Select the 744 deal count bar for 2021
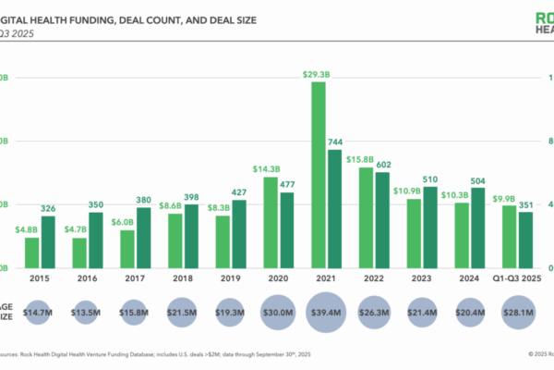tap(334, 208)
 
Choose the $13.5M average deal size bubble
tap(88, 314)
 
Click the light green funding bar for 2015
tap(31, 252)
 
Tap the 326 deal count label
tap(48, 208)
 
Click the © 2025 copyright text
tap(533, 353)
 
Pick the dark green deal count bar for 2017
tap(143, 237)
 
